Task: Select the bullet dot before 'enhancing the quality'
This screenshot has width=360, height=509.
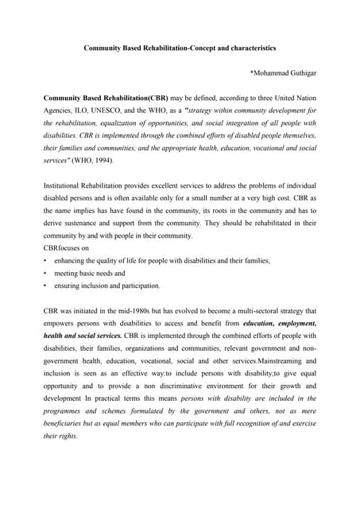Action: click(x=45, y=260)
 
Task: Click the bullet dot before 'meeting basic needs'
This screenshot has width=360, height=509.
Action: click(x=45, y=273)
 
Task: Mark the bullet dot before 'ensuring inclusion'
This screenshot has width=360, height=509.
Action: click(x=45, y=285)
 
